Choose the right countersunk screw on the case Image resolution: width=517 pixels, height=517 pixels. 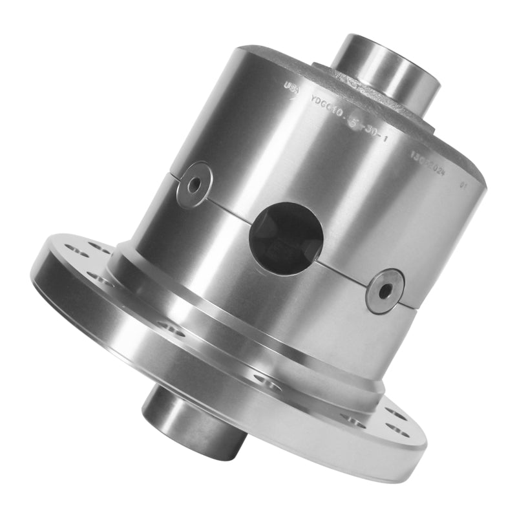(385, 290)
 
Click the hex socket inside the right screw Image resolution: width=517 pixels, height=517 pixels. (385, 291)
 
